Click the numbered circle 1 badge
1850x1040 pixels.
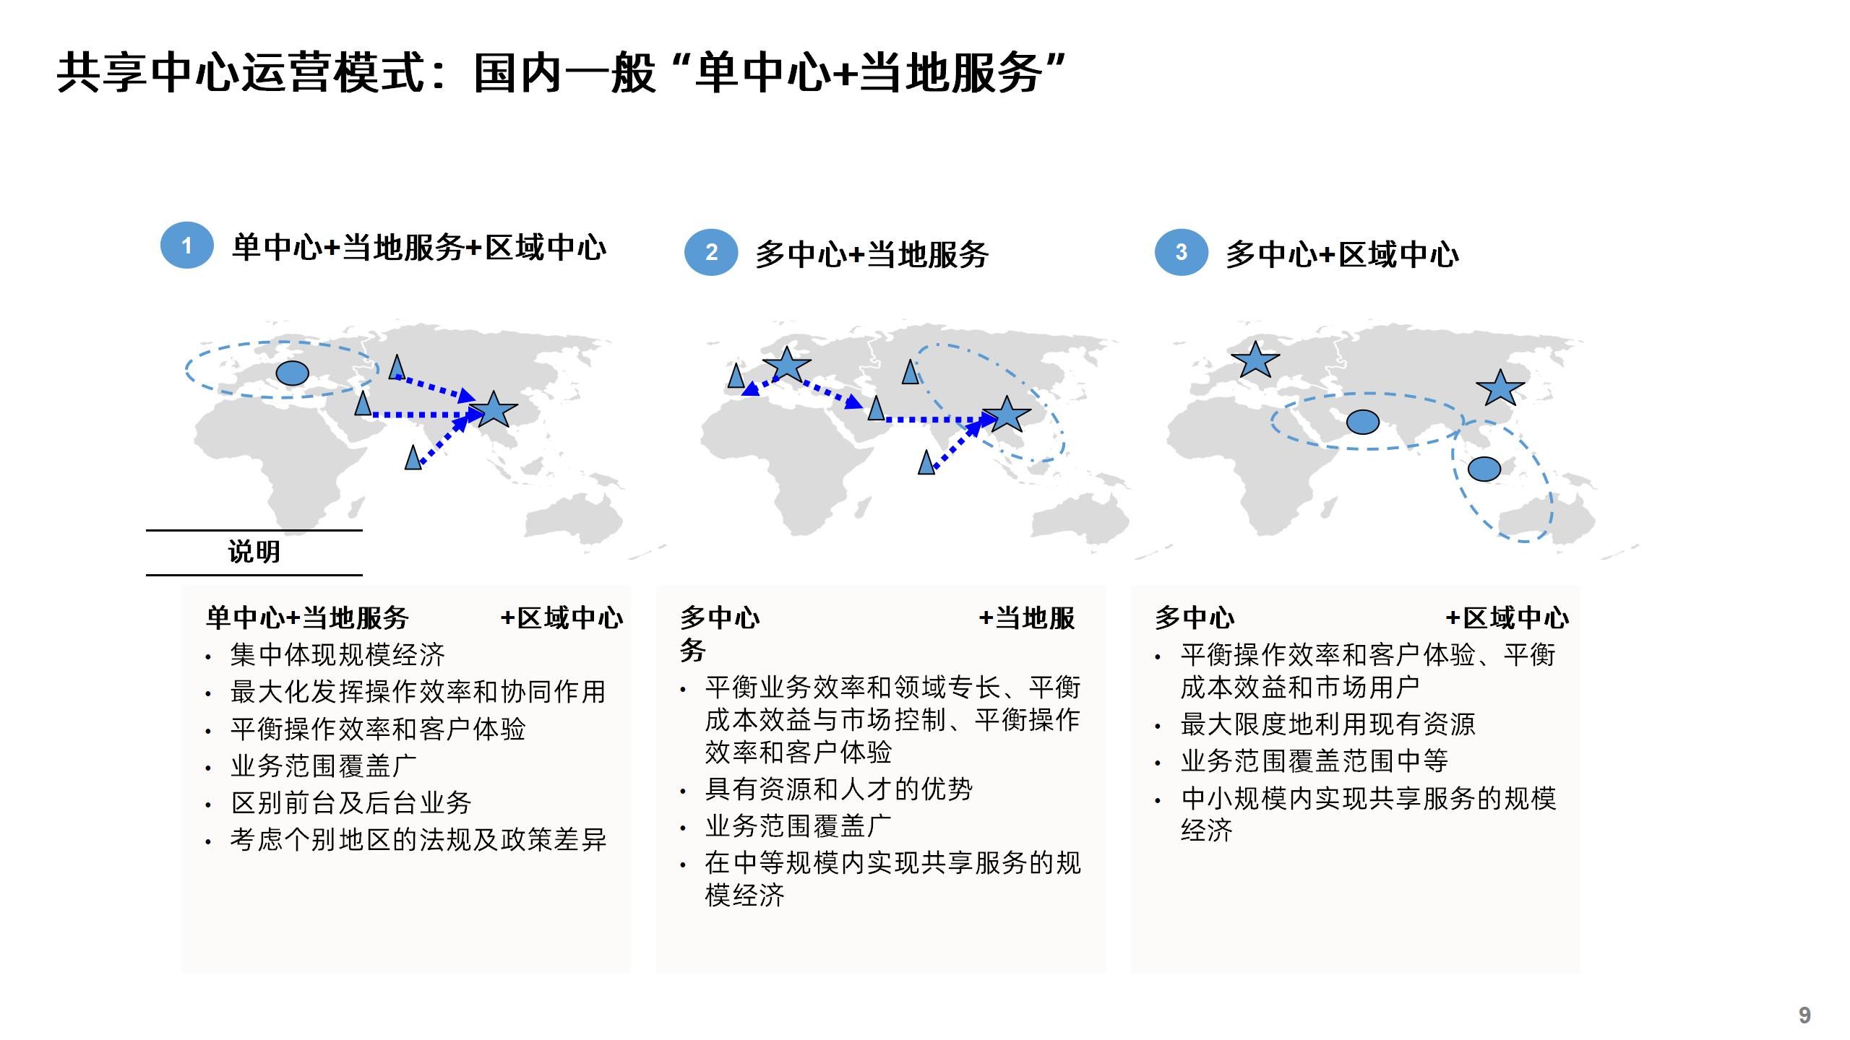point(186,246)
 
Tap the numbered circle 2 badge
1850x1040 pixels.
point(711,252)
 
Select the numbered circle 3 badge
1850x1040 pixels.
point(1181,252)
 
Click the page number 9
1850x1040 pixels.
point(1804,1015)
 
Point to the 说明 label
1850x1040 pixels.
point(254,552)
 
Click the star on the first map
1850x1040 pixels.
point(494,410)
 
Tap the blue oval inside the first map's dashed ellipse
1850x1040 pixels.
point(293,373)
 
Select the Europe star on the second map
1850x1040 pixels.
point(786,364)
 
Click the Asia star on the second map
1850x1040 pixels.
point(1006,415)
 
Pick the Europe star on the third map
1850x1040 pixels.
point(1255,360)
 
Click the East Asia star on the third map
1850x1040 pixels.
point(1500,389)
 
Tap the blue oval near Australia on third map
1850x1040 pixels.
point(1484,469)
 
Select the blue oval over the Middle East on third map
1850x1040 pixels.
point(1363,422)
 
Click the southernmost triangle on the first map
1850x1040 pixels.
point(413,459)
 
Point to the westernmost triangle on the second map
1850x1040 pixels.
point(736,376)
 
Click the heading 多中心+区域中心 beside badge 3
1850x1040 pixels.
point(1342,255)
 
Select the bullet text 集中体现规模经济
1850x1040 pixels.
point(337,655)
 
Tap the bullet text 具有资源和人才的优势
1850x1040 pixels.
point(838,789)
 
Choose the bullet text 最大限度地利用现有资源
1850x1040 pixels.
point(1328,724)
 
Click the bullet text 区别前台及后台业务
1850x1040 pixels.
point(351,802)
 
